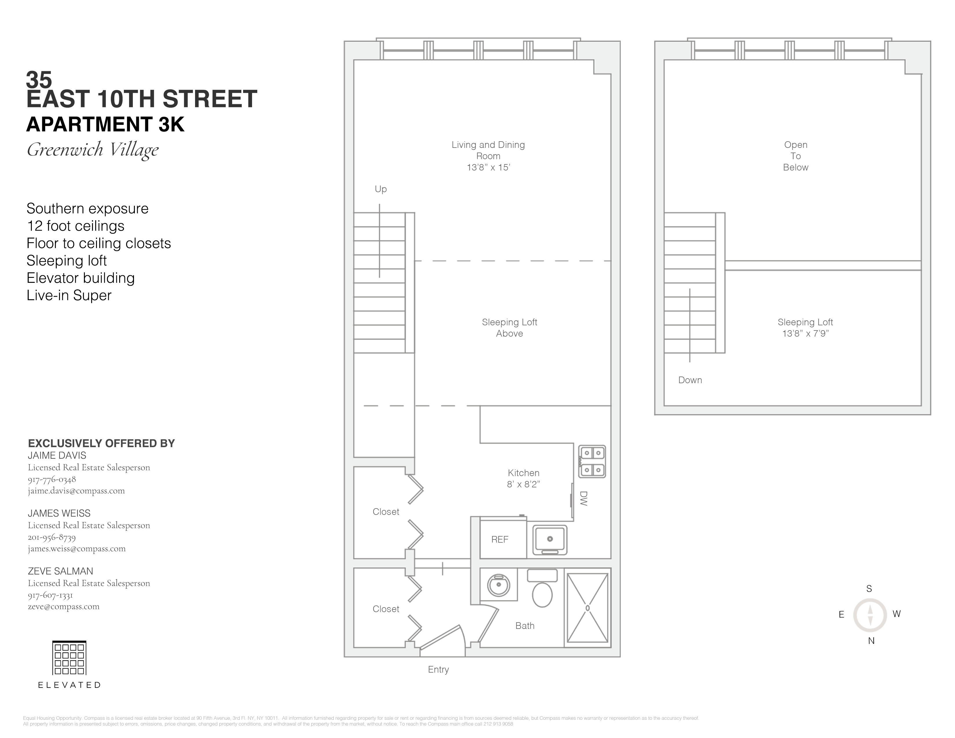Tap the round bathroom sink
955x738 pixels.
(499, 585)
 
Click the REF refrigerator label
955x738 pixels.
(500, 539)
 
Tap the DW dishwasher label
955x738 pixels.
(583, 498)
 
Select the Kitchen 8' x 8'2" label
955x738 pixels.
(524, 478)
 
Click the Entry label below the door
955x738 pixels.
(438, 669)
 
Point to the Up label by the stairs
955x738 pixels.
(381, 189)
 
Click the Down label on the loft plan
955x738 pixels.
(690, 380)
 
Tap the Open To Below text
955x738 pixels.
(795, 156)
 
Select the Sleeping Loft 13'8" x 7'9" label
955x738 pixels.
(805, 327)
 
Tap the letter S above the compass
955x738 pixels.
(869, 588)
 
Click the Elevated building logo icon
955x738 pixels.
(69, 658)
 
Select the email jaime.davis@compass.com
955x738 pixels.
(76, 491)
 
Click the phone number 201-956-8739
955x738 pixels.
(52, 537)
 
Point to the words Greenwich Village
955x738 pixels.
(93, 150)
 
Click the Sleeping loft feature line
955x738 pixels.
(67, 260)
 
